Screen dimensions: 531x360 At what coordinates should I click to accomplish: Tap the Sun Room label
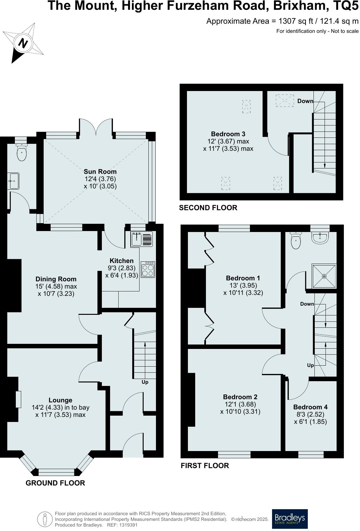[100, 172]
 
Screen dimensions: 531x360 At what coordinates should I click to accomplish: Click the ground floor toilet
[22, 153]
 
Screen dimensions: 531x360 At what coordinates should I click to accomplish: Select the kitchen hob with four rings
[148, 270]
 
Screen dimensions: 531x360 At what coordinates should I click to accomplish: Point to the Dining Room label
[56, 279]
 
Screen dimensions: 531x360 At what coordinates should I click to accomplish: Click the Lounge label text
[60, 400]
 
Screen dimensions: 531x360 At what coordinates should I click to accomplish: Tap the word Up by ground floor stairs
[145, 382]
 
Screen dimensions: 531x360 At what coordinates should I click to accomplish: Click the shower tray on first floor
[324, 276]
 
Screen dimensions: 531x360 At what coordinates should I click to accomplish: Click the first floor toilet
[296, 241]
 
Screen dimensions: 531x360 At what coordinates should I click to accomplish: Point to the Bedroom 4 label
[310, 407]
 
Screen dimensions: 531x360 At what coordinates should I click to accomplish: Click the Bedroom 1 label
[243, 278]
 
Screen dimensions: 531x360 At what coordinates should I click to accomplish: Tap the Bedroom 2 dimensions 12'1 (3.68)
[240, 404]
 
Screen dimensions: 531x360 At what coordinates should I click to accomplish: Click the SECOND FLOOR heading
[208, 208]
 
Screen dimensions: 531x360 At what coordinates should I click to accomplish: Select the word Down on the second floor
[305, 101]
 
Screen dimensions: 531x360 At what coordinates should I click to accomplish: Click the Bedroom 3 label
[228, 134]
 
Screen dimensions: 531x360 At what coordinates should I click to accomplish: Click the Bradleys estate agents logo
[290, 519]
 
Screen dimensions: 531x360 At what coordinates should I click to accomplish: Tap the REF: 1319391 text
[123, 525]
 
